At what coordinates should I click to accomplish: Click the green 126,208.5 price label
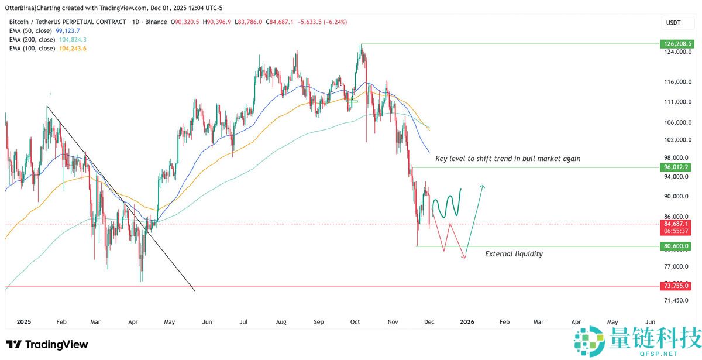(x=676, y=44)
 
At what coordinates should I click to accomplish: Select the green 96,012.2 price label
(x=676, y=167)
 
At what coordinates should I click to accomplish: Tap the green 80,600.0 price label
(x=676, y=246)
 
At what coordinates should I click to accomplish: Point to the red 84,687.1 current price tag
(x=676, y=224)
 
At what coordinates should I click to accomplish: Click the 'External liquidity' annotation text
(x=514, y=254)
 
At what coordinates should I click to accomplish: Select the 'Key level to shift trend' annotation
(x=508, y=159)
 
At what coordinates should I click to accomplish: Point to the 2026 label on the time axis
(x=467, y=321)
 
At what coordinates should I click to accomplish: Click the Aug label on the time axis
(x=281, y=321)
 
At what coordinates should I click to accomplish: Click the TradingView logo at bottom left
(x=47, y=344)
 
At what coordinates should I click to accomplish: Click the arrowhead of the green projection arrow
(x=483, y=186)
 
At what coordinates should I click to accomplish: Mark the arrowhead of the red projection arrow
(x=464, y=256)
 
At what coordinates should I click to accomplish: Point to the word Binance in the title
(x=154, y=22)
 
